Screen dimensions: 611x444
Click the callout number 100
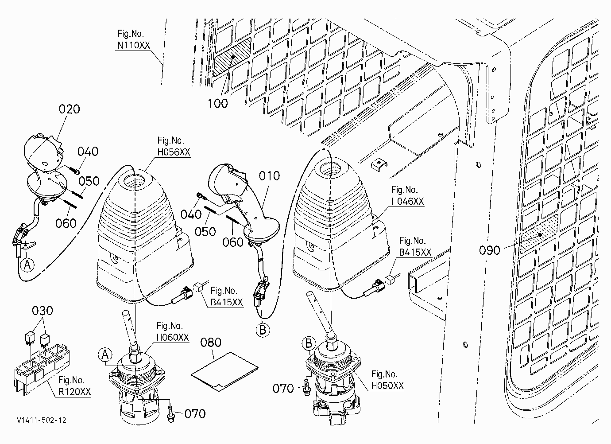[218, 104]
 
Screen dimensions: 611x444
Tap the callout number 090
[490, 250]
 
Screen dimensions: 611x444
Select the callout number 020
[69, 109]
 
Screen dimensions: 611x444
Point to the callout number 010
[270, 176]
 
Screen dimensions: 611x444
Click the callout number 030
[42, 311]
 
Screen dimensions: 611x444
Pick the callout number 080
[211, 343]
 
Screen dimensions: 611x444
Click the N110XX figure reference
[134, 45]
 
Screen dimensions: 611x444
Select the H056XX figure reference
[174, 152]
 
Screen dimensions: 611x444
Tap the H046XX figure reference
[407, 201]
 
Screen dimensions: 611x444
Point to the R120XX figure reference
[74, 392]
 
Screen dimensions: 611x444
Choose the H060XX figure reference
[173, 338]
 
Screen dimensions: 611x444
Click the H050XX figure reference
[387, 386]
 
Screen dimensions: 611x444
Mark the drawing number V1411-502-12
[42, 420]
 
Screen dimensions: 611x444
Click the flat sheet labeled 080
[224, 371]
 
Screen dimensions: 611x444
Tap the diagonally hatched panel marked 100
[232, 57]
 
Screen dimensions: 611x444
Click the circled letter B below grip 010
[263, 330]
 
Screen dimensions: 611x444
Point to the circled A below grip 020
[27, 265]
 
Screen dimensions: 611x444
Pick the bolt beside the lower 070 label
[171, 414]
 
